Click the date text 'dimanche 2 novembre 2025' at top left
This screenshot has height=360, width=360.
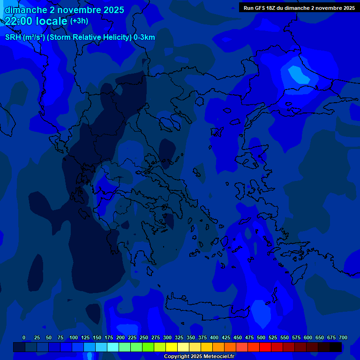(64, 10)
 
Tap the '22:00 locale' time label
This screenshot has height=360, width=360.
(36, 21)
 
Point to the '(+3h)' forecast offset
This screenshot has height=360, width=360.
(79, 21)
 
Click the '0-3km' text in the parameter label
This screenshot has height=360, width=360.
(144, 37)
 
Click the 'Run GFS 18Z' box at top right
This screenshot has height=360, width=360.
(299, 8)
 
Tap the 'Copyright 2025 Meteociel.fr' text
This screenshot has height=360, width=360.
(199, 356)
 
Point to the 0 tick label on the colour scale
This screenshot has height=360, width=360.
(24, 337)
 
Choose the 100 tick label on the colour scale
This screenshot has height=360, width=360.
(74, 337)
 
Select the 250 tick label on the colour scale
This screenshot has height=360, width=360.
(144, 337)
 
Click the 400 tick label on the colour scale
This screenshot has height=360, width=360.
(214, 337)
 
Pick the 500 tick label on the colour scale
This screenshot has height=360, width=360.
(261, 337)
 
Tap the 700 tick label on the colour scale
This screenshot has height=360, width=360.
(343, 337)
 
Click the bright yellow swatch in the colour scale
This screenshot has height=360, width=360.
(172, 347)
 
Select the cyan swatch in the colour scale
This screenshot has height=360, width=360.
(113, 347)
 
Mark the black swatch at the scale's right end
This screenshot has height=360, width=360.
(336, 347)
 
